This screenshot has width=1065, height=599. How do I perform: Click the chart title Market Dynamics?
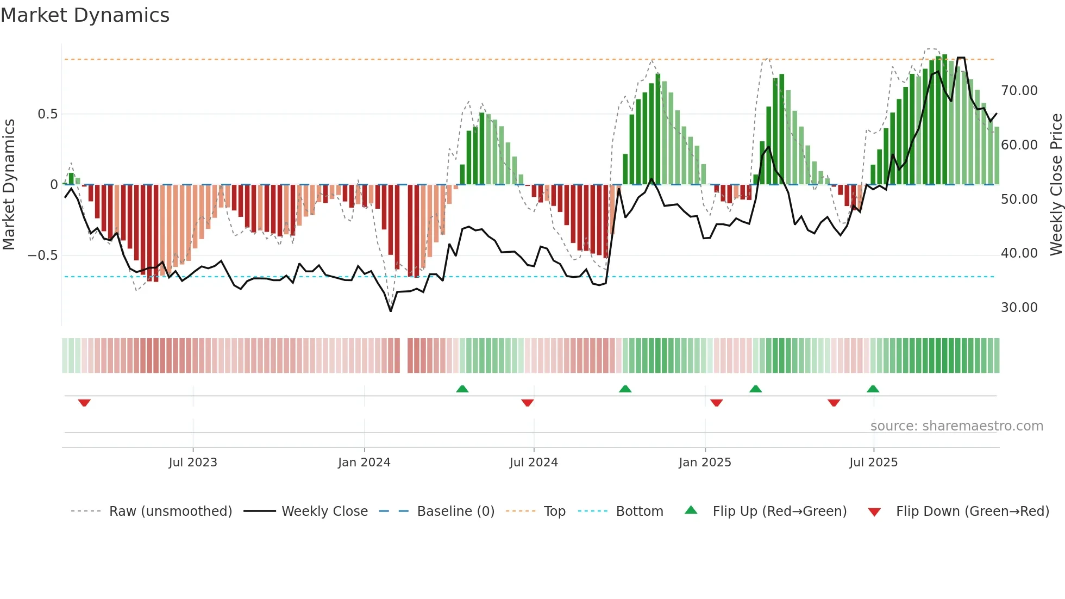(85, 15)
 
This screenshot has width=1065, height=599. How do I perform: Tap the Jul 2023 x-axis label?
(192, 463)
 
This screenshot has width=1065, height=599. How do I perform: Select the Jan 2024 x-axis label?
(364, 463)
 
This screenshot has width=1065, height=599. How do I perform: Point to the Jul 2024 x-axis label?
(534, 463)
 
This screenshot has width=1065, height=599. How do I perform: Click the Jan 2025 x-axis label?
(705, 463)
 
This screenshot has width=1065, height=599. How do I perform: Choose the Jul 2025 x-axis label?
(873, 463)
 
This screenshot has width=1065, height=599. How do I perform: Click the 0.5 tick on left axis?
(47, 114)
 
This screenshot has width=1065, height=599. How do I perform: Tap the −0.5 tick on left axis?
(43, 255)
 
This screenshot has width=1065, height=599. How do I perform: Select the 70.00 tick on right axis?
(1019, 91)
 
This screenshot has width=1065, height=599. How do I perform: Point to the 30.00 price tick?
(1019, 308)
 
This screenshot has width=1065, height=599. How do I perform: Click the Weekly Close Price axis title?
(1056, 185)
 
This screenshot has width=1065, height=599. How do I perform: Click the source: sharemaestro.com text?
(956, 426)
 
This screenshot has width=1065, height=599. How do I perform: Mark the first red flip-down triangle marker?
(84, 403)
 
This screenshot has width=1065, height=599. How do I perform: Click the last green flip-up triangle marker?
(873, 389)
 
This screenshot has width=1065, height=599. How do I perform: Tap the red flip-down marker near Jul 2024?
(527, 403)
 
